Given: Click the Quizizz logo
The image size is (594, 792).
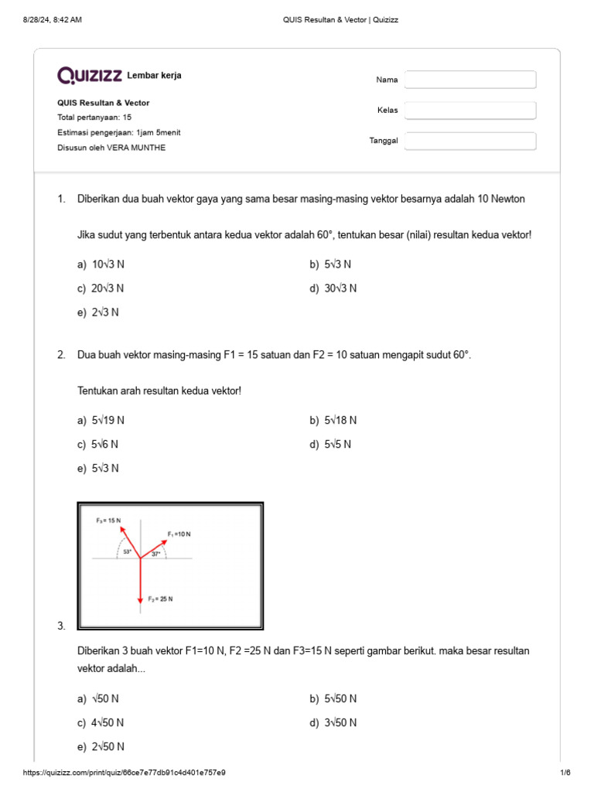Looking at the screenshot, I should pyautogui.click(x=89, y=75).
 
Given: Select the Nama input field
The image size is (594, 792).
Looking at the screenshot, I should pyautogui.click(x=470, y=80).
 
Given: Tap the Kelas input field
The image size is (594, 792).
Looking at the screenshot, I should pyautogui.click(x=470, y=111).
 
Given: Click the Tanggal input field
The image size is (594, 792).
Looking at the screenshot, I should pyautogui.click(x=470, y=141).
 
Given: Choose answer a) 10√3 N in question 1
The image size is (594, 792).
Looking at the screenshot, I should pyautogui.click(x=101, y=265).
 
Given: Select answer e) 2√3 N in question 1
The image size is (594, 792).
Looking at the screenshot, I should pyautogui.click(x=98, y=312).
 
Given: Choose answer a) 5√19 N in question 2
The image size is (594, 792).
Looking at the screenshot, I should pyautogui.click(x=101, y=421).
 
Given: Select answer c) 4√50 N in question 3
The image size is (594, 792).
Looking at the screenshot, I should pyautogui.click(x=101, y=723).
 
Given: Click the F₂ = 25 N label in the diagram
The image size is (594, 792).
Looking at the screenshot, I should pyautogui.click(x=160, y=599).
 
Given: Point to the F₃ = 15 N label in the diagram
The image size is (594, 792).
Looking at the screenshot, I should pyautogui.click(x=108, y=521).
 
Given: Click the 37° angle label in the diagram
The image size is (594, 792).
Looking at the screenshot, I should pyautogui.click(x=155, y=554).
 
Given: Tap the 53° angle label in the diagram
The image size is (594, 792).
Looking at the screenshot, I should pyautogui.click(x=127, y=552).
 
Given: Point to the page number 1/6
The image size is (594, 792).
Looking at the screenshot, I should pyautogui.click(x=565, y=773).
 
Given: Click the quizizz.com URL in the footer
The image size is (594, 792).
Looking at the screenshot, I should pyautogui.click(x=125, y=773).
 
